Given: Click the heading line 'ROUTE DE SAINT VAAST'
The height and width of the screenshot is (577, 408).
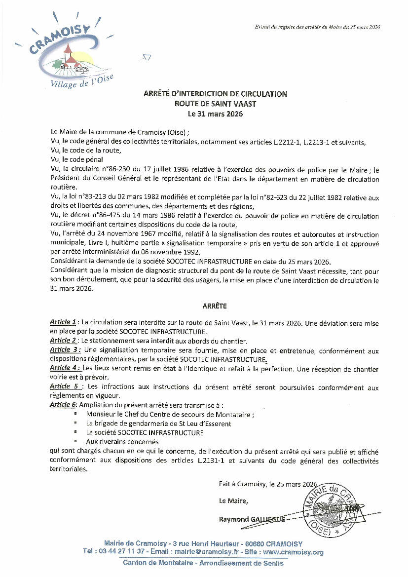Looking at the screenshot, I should tap(215, 104).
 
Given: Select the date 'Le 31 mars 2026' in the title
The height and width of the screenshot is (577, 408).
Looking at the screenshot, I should tap(215, 114).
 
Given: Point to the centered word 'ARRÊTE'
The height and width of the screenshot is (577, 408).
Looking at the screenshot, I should tap(215, 306).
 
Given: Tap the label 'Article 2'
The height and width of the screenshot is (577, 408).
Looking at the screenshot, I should tap(63, 341).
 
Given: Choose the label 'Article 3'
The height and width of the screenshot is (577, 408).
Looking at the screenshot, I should tap(63, 350).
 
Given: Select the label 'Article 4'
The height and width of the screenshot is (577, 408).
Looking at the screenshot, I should tap(63, 368).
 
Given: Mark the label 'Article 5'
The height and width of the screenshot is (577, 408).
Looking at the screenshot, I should tap(64, 386).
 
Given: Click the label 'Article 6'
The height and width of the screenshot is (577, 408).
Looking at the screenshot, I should tap(63, 405).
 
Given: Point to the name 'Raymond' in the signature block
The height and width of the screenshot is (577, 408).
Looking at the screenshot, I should tap(232, 519).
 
